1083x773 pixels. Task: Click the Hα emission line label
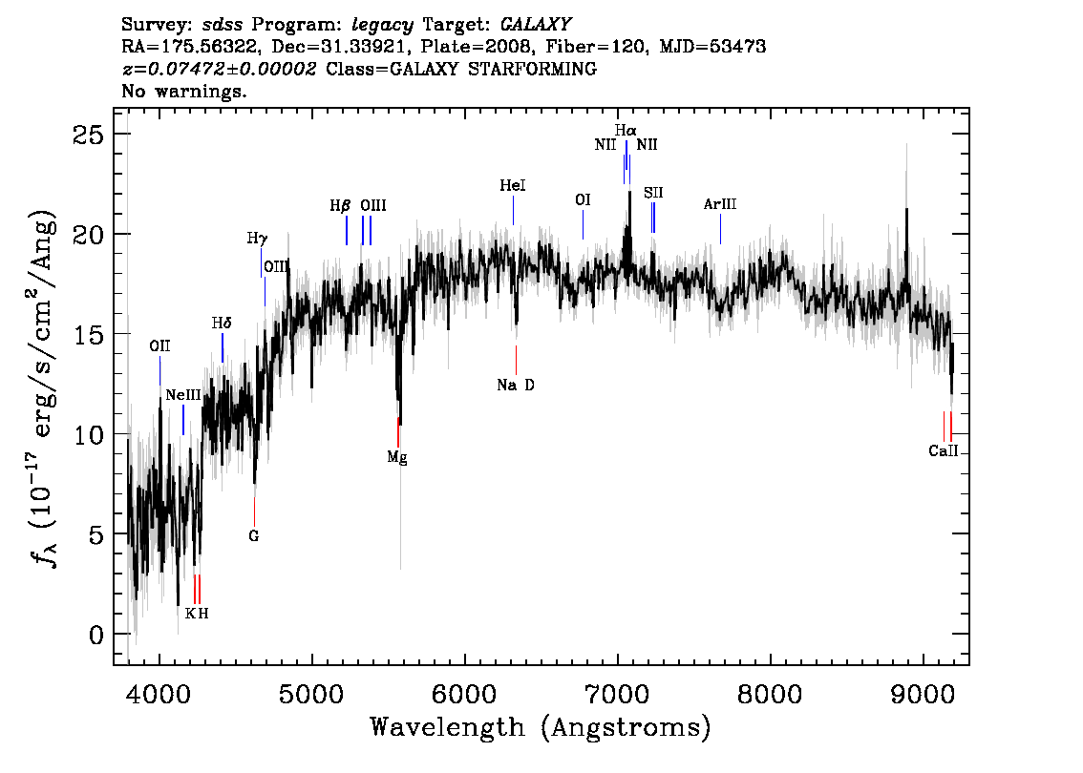(x=626, y=130)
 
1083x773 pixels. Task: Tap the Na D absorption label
(x=516, y=386)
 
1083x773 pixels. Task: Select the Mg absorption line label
(x=397, y=457)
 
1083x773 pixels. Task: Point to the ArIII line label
(x=720, y=204)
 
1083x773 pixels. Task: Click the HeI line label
(x=513, y=186)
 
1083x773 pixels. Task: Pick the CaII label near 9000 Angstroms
(x=944, y=451)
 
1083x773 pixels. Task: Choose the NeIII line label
(x=183, y=395)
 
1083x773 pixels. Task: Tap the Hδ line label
(x=222, y=323)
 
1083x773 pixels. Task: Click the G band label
(x=253, y=535)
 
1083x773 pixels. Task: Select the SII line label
(x=653, y=193)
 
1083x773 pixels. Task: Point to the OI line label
(x=583, y=200)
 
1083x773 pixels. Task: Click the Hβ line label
(x=341, y=206)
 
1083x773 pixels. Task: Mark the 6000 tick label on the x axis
(x=464, y=694)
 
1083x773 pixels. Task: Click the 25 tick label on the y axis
(x=89, y=134)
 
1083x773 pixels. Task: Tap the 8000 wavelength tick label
(x=770, y=694)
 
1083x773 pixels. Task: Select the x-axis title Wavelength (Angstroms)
(x=541, y=727)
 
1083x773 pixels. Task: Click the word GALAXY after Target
(x=536, y=24)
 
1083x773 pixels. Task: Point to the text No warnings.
(x=183, y=91)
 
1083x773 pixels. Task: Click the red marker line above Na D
(x=516, y=361)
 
